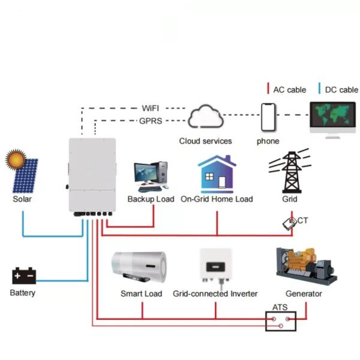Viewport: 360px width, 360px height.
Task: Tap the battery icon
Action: click(x=24, y=276)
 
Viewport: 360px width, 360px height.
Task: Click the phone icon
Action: click(x=268, y=116)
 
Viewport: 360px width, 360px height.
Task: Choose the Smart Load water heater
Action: click(x=139, y=267)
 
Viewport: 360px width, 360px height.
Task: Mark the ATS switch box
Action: click(x=280, y=322)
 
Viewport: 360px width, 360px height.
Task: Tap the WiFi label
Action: click(x=151, y=108)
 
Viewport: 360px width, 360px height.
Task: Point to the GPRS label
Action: click(x=150, y=121)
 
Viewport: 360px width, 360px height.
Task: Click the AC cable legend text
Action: click(x=289, y=90)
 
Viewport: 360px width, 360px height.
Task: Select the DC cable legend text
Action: click(x=341, y=90)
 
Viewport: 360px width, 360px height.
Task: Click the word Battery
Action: click(x=23, y=293)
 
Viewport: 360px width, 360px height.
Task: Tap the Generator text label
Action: click(x=304, y=294)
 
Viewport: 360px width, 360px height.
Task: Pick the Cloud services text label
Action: click(x=205, y=141)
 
